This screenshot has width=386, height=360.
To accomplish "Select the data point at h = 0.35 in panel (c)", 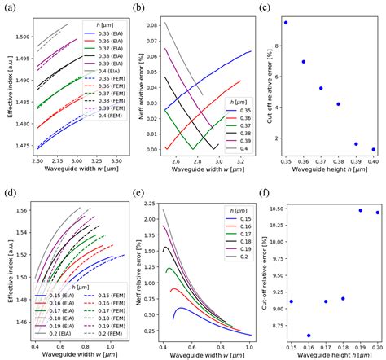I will [x=286, y=23].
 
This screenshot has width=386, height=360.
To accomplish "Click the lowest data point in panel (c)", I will [x=373, y=149].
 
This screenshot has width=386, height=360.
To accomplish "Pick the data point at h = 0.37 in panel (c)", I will [x=321, y=88].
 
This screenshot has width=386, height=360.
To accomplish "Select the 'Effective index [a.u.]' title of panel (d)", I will [x=7, y=266].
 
